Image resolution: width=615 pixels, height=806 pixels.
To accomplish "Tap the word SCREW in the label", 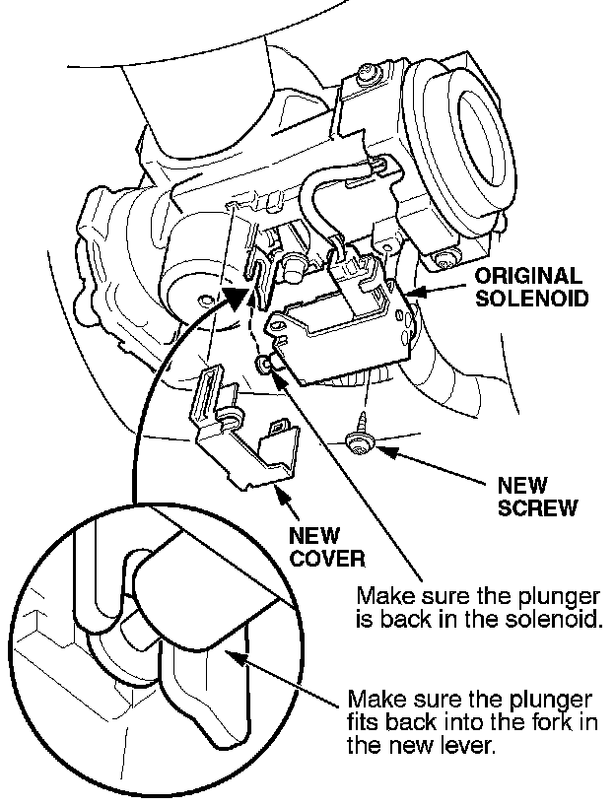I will click(537, 508).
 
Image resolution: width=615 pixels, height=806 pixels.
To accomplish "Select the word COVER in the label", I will click(327, 558).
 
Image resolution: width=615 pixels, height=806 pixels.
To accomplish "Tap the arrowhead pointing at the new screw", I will click(386, 452).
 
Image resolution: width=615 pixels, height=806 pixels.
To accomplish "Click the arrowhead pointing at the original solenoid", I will click(413, 291).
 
